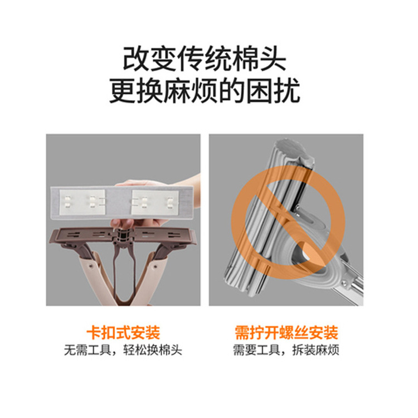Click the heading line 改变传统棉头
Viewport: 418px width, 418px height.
pyautogui.click(x=205, y=59)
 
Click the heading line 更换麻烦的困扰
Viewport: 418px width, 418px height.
pyautogui.click(x=205, y=91)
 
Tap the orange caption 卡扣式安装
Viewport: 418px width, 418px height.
pyautogui.click(x=123, y=332)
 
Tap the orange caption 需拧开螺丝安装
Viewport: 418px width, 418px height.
pyautogui.click(x=286, y=332)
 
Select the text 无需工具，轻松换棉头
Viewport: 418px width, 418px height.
pyautogui.click(x=123, y=350)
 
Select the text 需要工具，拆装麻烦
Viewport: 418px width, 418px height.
pyautogui.click(x=286, y=350)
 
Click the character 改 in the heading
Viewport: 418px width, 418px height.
pyautogui.click(x=136, y=59)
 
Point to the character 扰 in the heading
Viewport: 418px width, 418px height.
pyautogui.click(x=288, y=91)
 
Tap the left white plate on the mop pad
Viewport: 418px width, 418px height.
pyautogui.click(x=82, y=202)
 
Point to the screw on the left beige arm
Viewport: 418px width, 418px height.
pyautogui.click(x=91, y=265)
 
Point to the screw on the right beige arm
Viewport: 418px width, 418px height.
pyautogui.click(x=154, y=265)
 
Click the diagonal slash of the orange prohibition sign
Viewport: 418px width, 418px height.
pyautogui.click(x=289, y=222)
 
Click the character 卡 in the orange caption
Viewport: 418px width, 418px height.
pyautogui.click(x=94, y=332)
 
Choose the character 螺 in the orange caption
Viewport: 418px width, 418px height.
pyautogui.click(x=286, y=332)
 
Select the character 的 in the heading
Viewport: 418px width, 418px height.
pyautogui.click(x=232, y=91)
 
